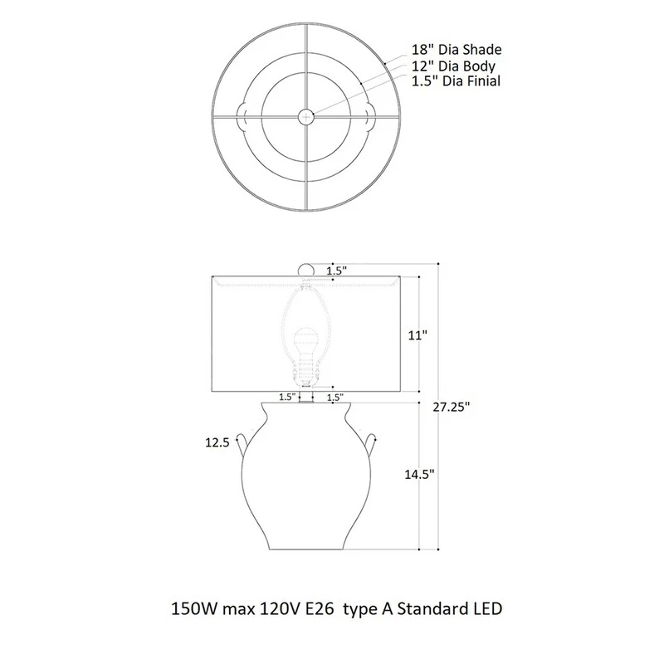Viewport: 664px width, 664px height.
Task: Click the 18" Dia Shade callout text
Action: coord(456,50)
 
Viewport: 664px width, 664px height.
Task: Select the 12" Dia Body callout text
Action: coord(453,66)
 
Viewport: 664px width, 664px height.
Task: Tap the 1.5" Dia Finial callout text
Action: coord(456,81)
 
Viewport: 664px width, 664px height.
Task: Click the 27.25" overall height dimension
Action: coord(452,407)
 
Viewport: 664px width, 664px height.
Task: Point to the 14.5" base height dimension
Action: coord(419,474)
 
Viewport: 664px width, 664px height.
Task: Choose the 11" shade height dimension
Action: coord(417,335)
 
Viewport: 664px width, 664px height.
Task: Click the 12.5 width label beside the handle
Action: coord(217,442)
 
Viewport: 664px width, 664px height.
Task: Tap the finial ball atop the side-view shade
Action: coord(306,270)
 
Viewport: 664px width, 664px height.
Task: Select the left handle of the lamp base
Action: coord(242,444)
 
